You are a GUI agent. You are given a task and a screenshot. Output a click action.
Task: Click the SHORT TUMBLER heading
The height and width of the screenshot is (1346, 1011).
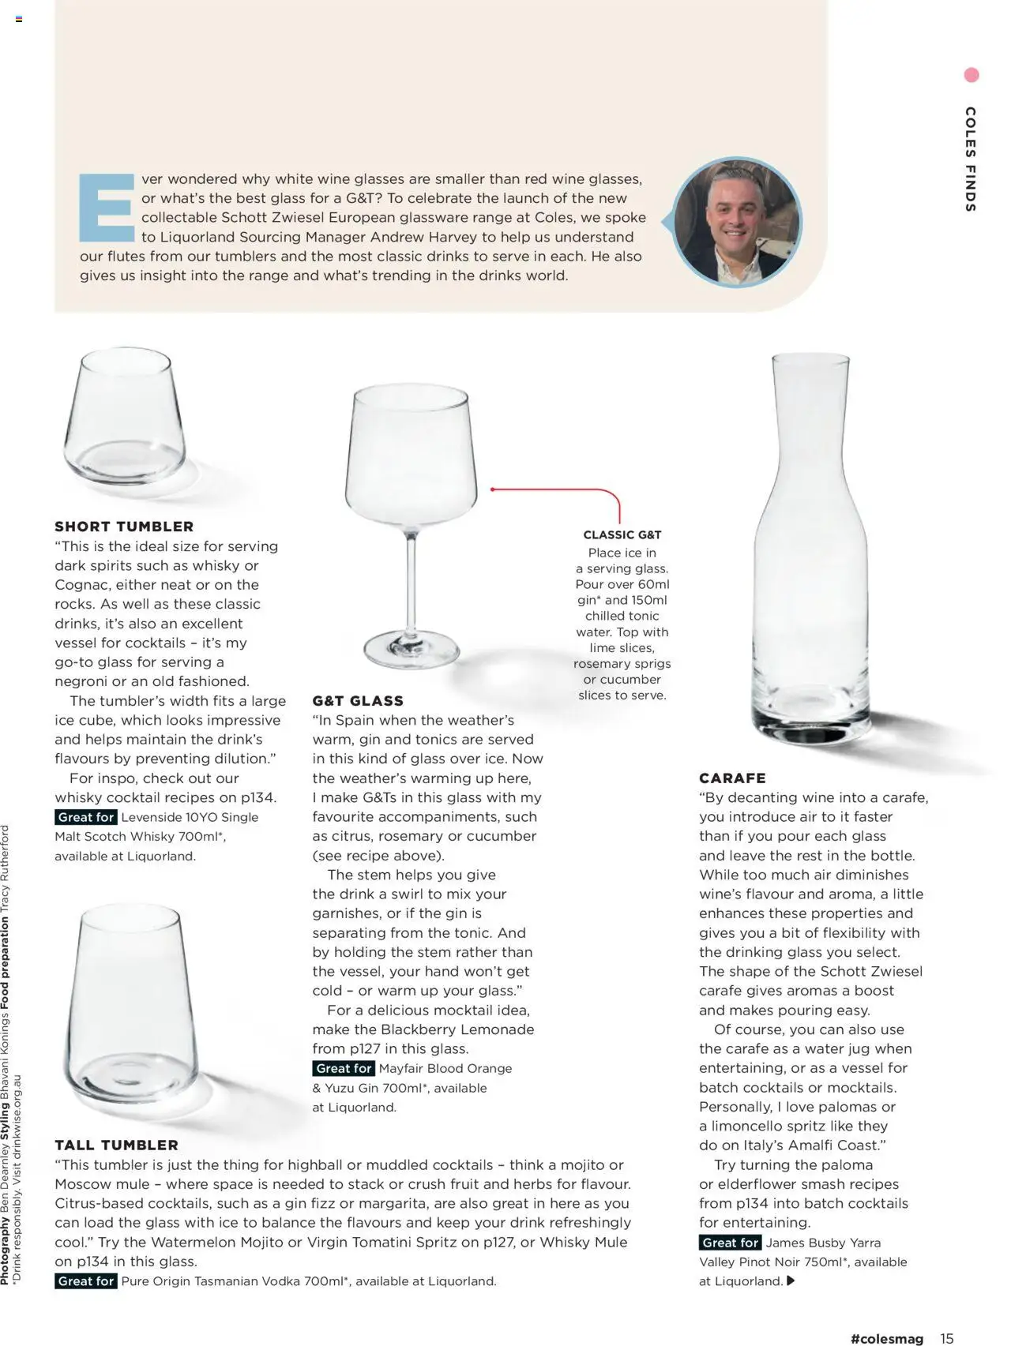click(x=124, y=527)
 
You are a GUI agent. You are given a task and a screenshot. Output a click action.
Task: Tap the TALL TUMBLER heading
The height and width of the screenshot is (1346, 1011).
click(x=116, y=1145)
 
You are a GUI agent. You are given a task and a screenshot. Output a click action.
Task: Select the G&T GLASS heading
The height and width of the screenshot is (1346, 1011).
click(x=358, y=701)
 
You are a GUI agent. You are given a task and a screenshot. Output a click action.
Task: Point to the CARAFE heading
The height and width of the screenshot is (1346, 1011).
click(x=732, y=778)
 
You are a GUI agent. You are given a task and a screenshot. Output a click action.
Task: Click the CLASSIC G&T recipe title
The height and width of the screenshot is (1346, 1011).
click(x=622, y=534)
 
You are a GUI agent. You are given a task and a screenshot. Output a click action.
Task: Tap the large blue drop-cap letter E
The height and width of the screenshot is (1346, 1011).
click(x=107, y=208)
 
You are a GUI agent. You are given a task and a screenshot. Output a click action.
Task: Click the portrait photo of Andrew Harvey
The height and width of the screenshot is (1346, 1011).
click(x=738, y=222)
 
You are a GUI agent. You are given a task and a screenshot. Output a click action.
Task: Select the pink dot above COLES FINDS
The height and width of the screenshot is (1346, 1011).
click(x=972, y=75)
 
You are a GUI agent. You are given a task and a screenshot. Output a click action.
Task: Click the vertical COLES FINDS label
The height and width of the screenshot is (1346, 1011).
click(x=971, y=159)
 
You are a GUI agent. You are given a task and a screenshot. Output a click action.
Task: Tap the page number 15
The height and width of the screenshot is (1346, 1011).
click(x=947, y=1338)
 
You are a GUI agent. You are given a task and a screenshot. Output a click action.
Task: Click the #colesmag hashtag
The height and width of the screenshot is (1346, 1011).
click(x=887, y=1338)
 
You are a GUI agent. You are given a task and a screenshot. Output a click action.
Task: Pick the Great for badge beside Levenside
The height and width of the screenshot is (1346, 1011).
click(x=86, y=817)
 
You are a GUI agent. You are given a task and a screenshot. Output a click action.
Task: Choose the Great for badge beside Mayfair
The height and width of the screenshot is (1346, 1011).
click(x=344, y=1068)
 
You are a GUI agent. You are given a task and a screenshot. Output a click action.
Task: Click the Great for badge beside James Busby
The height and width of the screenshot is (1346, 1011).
click(x=730, y=1243)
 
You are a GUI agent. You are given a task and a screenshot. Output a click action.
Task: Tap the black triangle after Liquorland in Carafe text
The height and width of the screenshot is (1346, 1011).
click(x=791, y=1280)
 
